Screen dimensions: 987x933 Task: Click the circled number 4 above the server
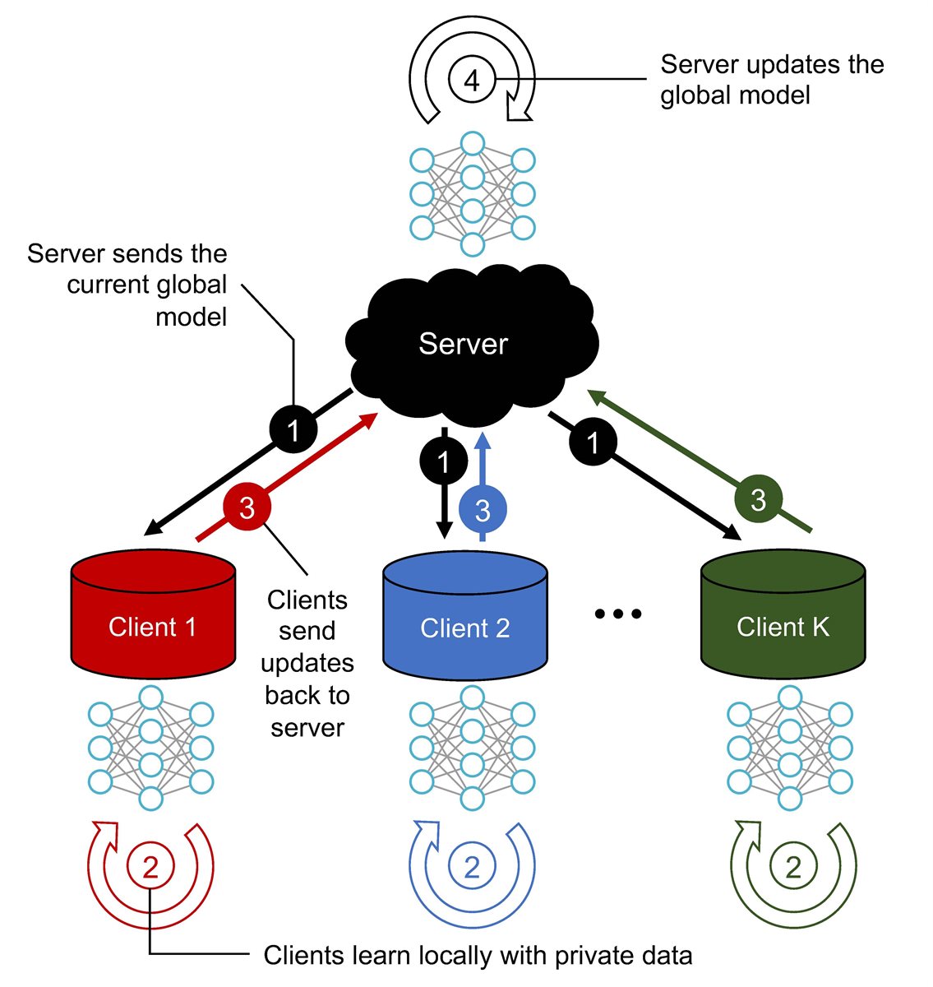471,80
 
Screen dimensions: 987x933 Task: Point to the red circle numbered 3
247,508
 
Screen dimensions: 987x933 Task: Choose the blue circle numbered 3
483,511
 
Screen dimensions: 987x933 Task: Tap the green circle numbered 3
758,499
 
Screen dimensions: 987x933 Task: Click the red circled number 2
150,867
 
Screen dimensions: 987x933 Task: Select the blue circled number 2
472,867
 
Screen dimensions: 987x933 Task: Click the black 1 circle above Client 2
444,461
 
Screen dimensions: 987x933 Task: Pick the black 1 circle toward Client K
593,443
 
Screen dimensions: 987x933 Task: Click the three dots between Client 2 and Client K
617,614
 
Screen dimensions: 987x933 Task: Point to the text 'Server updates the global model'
771,80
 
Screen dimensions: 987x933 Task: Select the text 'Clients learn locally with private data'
478,956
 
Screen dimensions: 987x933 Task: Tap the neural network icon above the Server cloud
472,194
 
